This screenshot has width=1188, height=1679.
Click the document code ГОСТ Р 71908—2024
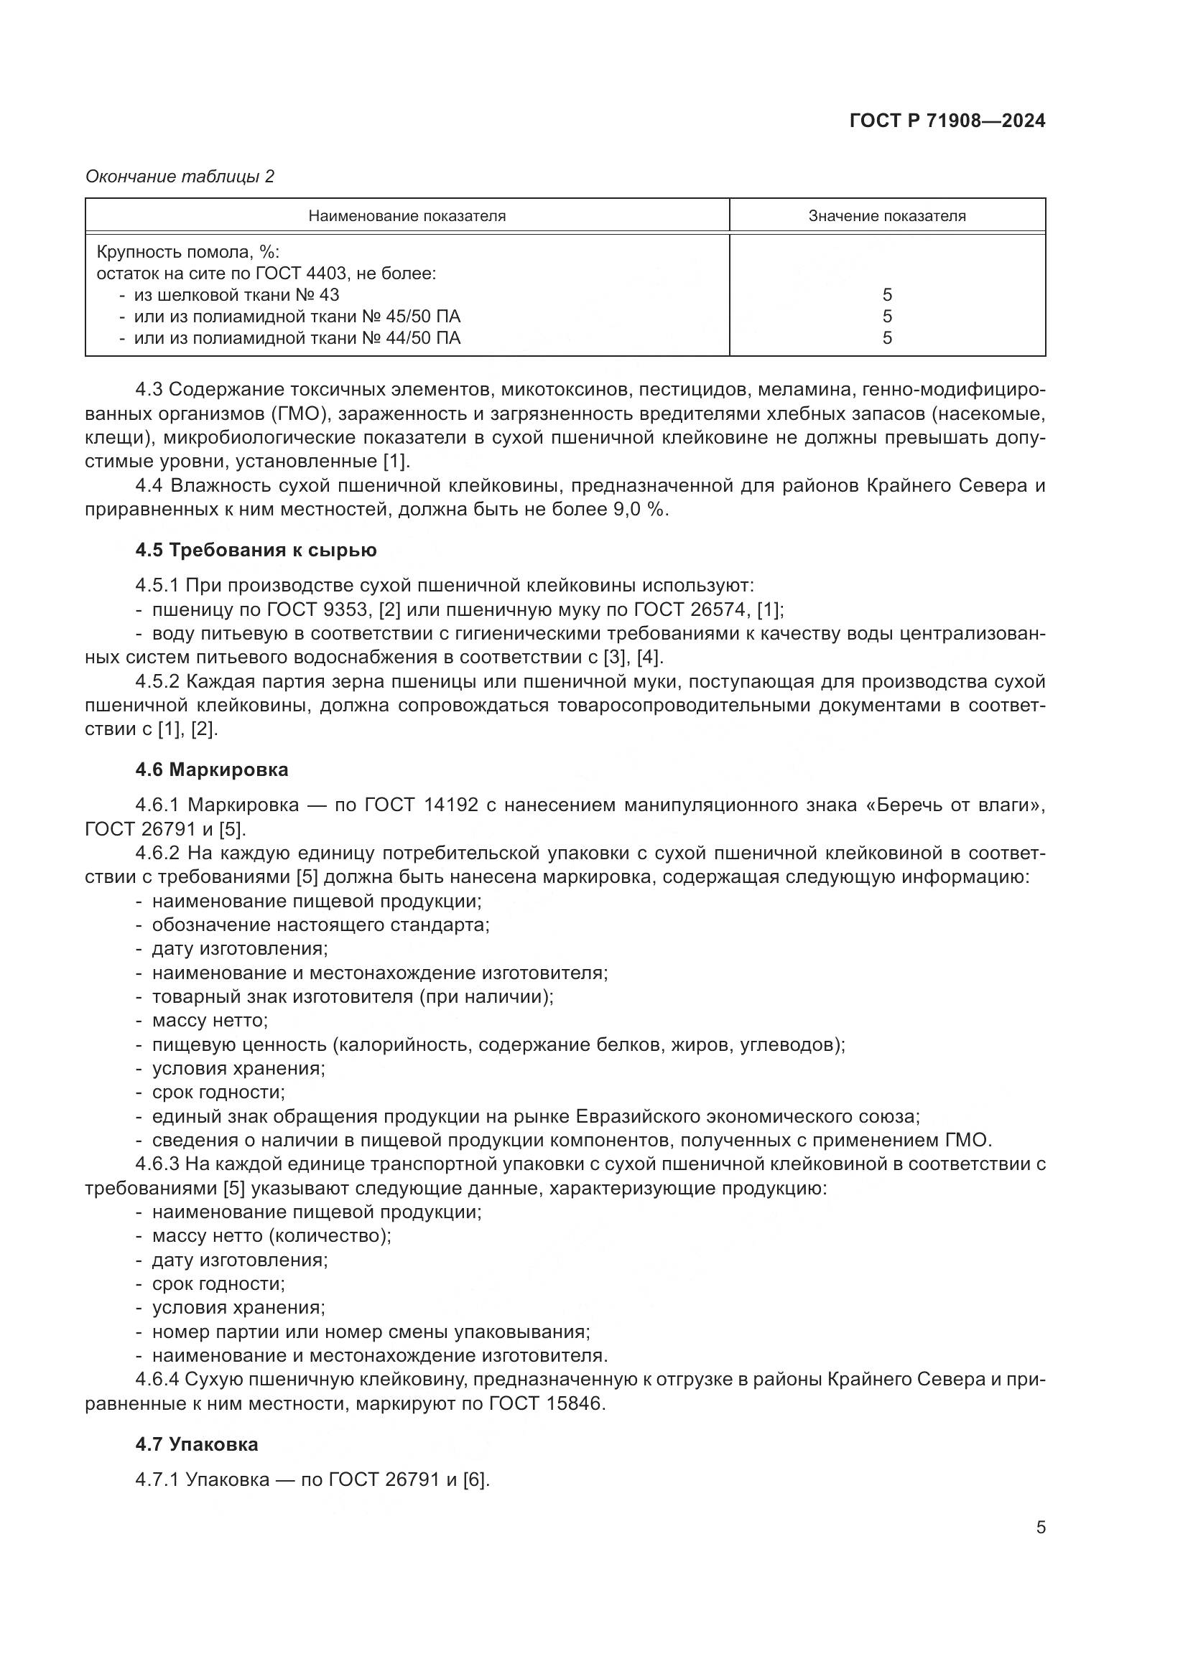(947, 121)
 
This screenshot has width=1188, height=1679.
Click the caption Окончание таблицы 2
(180, 177)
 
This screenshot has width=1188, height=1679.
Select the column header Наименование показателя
(407, 216)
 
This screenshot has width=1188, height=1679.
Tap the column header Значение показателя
(886, 216)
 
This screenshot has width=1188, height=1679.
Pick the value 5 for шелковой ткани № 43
(886, 295)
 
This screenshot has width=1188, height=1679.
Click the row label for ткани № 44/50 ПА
(297, 338)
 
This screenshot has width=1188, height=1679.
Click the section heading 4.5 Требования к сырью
(256, 550)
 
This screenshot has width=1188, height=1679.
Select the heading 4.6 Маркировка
(211, 770)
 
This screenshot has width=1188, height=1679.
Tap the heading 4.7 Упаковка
(197, 1444)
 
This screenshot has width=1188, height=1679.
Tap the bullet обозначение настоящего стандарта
(320, 925)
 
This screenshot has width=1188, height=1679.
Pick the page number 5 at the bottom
(1040, 1528)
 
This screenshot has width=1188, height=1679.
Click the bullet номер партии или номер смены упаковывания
(370, 1332)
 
